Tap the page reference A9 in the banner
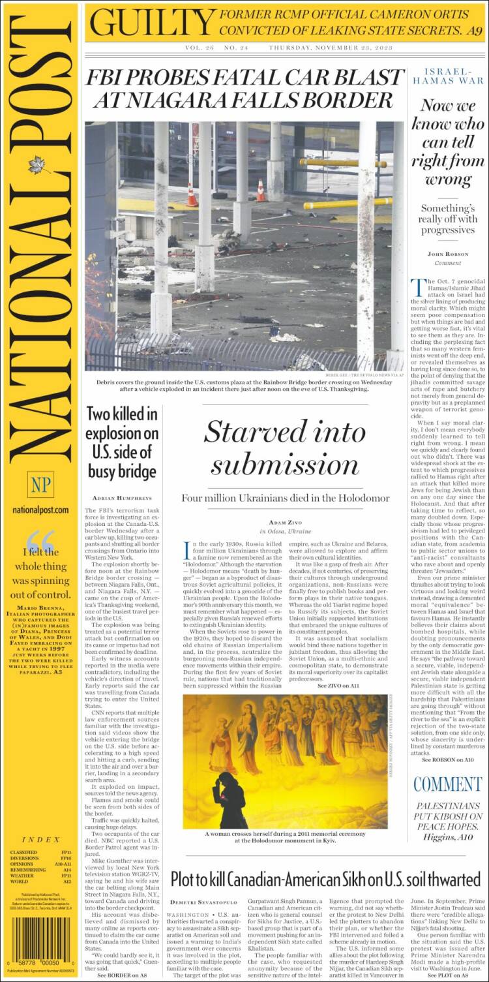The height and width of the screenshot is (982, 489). [473, 30]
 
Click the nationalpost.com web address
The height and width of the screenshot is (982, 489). [40, 510]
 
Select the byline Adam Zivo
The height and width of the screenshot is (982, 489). [286, 523]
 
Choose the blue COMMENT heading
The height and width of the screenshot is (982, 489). [447, 784]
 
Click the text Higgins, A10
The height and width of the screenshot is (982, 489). [448, 837]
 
